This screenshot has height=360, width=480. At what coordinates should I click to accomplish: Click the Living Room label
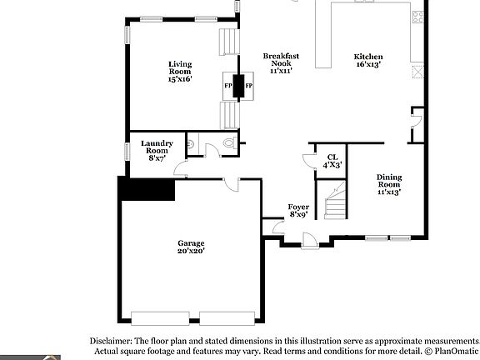click(x=180, y=67)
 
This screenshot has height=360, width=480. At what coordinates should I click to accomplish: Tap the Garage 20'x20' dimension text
click(x=191, y=251)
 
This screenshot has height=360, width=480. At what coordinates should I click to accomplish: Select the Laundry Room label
click(x=157, y=147)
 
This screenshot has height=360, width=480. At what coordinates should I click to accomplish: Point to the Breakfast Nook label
click(x=281, y=60)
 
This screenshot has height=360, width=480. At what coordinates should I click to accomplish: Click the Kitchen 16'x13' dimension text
click(x=368, y=64)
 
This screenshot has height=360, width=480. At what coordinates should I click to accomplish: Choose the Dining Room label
click(x=389, y=181)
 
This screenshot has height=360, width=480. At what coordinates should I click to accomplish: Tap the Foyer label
click(x=298, y=207)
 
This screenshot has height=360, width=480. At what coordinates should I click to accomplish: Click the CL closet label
click(x=332, y=157)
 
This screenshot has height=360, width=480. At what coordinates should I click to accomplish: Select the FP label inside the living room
click(x=228, y=86)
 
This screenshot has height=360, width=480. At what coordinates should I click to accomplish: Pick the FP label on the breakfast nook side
click(x=249, y=86)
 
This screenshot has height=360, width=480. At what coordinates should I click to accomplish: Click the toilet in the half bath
click(x=230, y=143)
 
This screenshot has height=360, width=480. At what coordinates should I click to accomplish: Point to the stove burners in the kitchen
click(x=417, y=17)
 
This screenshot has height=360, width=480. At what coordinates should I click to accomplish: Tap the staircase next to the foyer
click(x=336, y=200)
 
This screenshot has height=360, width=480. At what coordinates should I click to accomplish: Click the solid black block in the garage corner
click(x=147, y=189)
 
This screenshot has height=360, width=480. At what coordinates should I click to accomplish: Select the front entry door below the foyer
click(x=310, y=241)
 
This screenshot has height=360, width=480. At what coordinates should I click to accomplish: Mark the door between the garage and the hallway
click(x=231, y=184)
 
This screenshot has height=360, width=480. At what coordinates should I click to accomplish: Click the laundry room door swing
click(x=181, y=169)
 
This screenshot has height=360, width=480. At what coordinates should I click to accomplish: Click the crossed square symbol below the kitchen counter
click(x=417, y=72)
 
